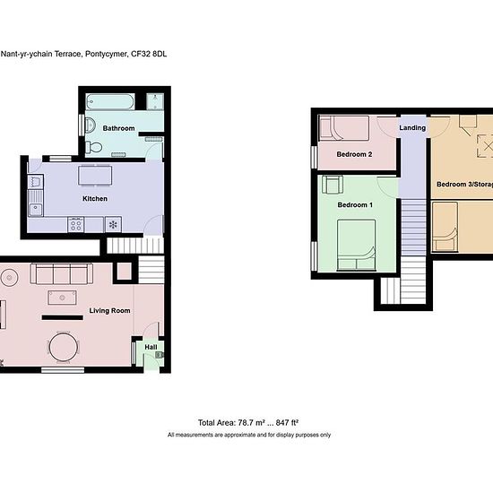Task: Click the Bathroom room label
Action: click(118, 128)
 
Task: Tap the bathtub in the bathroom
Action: click(110, 102)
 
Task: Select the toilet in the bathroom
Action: click(94, 147)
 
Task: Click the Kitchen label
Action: click(95, 199)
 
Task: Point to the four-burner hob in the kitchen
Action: click(76, 224)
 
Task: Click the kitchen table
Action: click(95, 176)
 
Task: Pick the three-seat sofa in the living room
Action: click(62, 274)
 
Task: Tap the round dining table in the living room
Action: click(64, 348)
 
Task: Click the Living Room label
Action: click(109, 311)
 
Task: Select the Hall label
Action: click(151, 347)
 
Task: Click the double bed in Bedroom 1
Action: click(357, 246)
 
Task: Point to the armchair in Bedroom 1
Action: click(333, 185)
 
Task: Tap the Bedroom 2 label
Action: click(354, 154)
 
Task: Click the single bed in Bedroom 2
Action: click(344, 128)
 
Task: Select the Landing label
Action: click(412, 127)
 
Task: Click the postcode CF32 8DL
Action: click(149, 54)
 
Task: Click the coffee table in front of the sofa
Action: click(62, 298)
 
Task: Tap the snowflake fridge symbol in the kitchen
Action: click(113, 224)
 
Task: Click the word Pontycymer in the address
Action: click(107, 54)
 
